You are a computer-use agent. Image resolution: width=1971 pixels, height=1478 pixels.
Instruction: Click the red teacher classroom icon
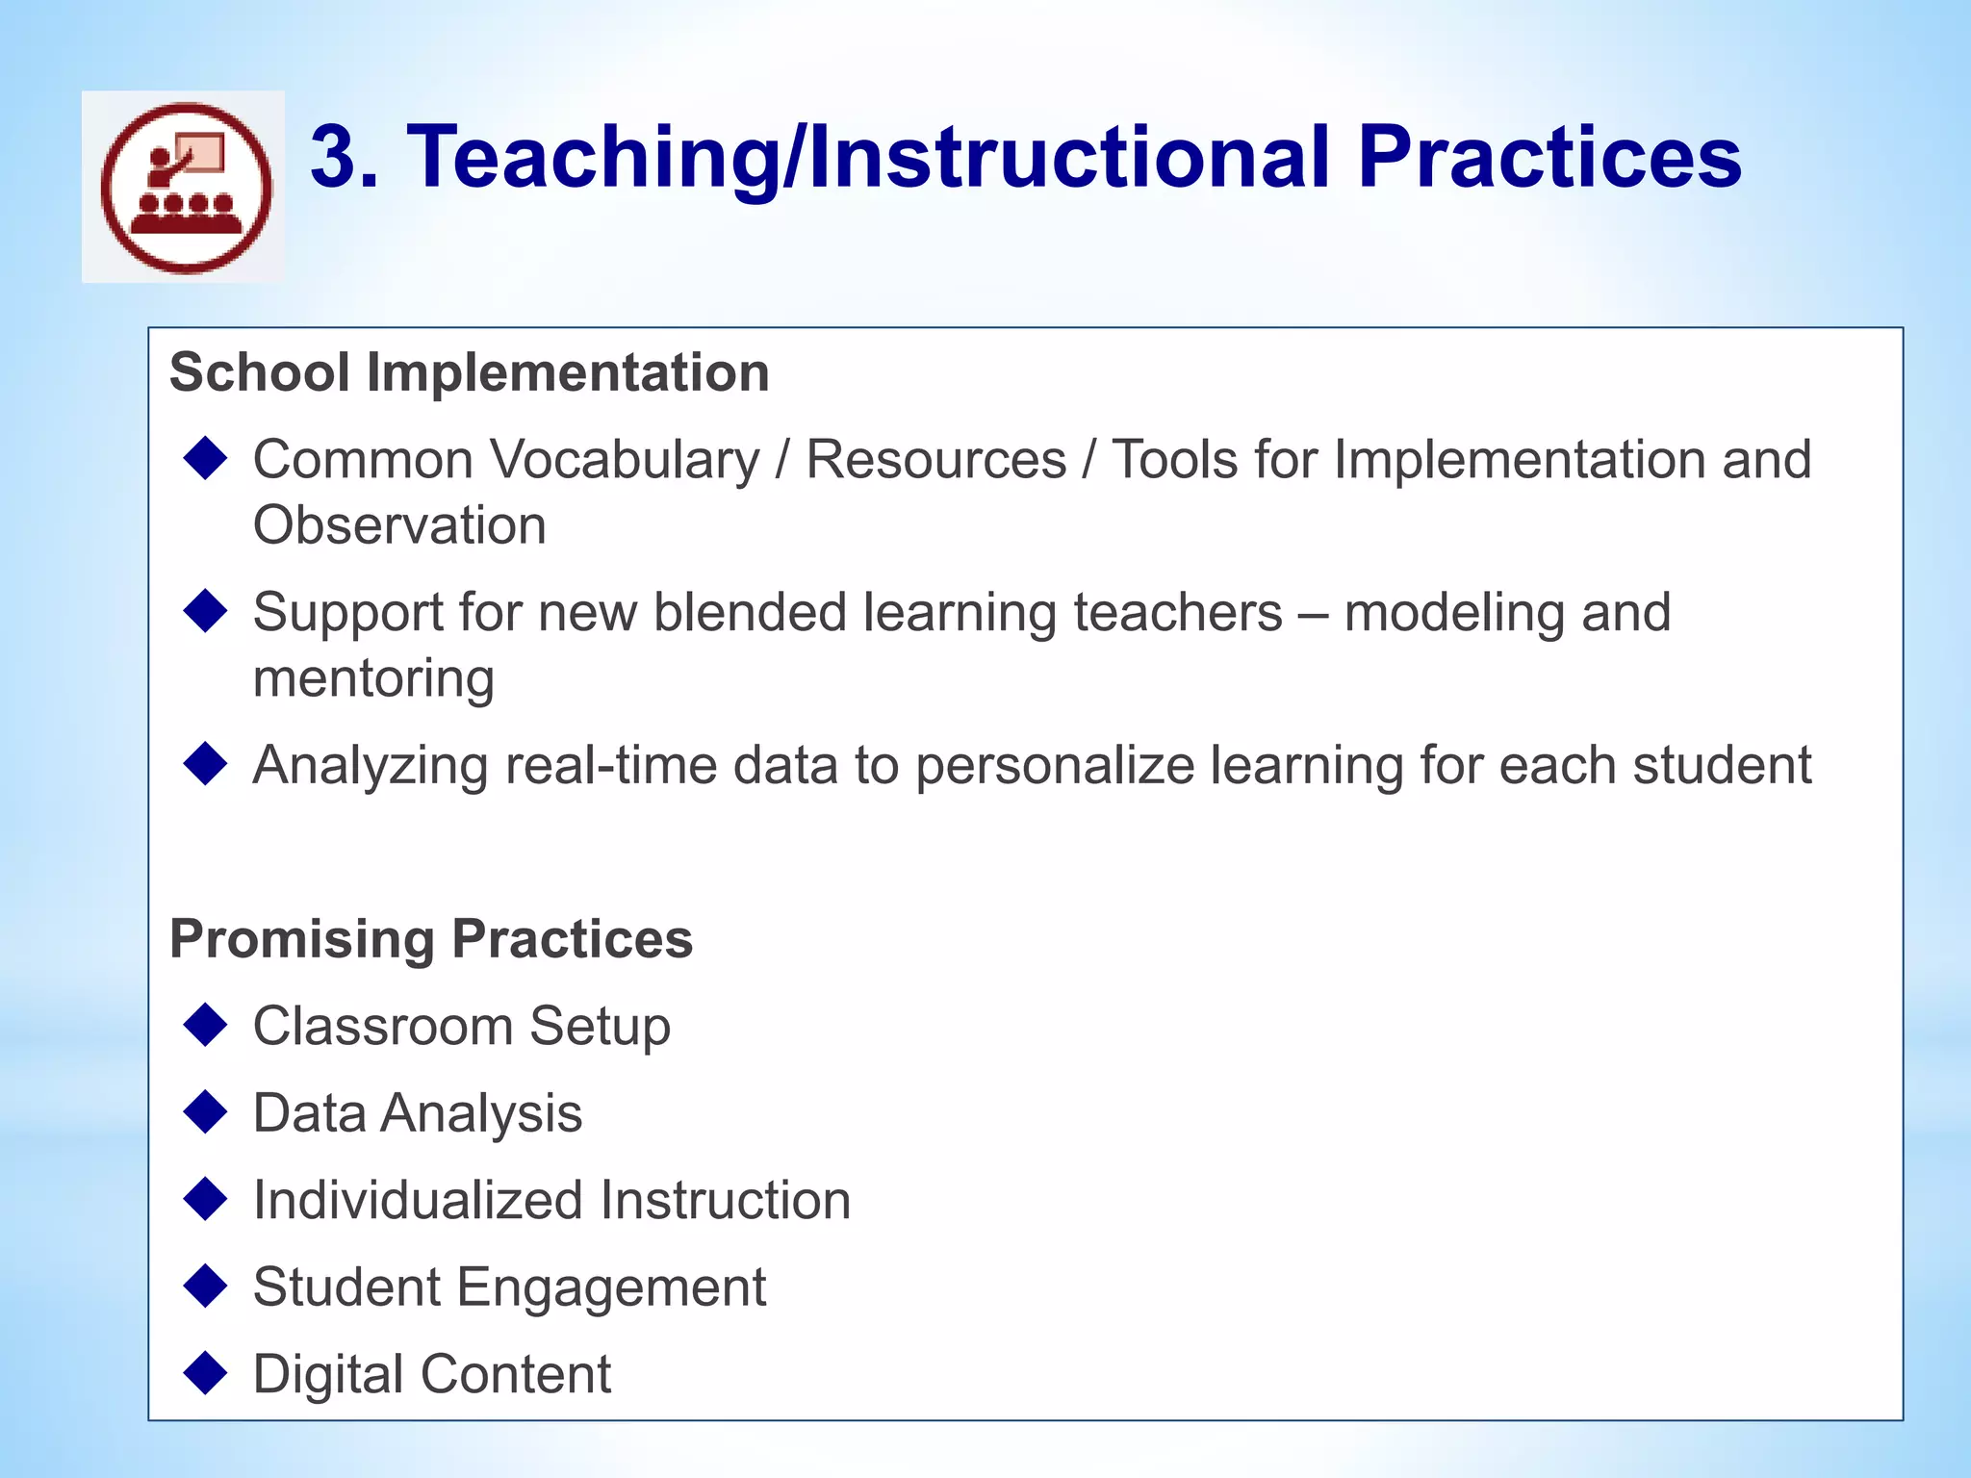pyautogui.click(x=186, y=188)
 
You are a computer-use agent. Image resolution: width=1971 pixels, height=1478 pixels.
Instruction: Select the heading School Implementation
pyautogui.click(x=469, y=372)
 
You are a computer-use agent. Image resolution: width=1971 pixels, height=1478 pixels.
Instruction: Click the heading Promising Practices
pyautogui.click(x=430, y=939)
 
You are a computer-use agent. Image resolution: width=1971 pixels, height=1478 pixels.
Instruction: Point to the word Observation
pyautogui.click(x=399, y=525)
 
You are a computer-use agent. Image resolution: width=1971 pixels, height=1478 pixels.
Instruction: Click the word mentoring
pyautogui.click(x=373, y=678)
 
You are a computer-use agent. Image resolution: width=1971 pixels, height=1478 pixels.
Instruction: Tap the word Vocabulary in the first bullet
pyautogui.click(x=626, y=459)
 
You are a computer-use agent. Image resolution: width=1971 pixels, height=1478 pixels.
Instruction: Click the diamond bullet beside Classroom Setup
pyautogui.click(x=205, y=1025)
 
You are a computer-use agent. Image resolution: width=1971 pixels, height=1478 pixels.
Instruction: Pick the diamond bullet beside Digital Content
pyautogui.click(x=205, y=1373)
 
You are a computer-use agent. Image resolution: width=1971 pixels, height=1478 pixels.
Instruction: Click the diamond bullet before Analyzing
pyautogui.click(x=205, y=764)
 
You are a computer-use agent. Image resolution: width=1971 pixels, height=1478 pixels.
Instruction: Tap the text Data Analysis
pyautogui.click(x=417, y=1113)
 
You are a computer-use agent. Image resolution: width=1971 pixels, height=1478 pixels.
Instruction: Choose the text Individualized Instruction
pyautogui.click(x=551, y=1201)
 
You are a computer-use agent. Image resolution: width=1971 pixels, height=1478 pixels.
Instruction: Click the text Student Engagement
pyautogui.click(x=509, y=1287)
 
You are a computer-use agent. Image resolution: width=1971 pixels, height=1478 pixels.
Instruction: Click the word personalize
pyautogui.click(x=1054, y=766)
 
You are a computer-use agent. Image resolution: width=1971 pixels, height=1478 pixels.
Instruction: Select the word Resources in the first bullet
pyautogui.click(x=935, y=459)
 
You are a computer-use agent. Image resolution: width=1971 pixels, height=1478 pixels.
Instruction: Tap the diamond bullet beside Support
pyautogui.click(x=205, y=611)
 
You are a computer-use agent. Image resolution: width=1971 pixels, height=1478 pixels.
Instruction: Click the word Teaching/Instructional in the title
pyautogui.click(x=868, y=157)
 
